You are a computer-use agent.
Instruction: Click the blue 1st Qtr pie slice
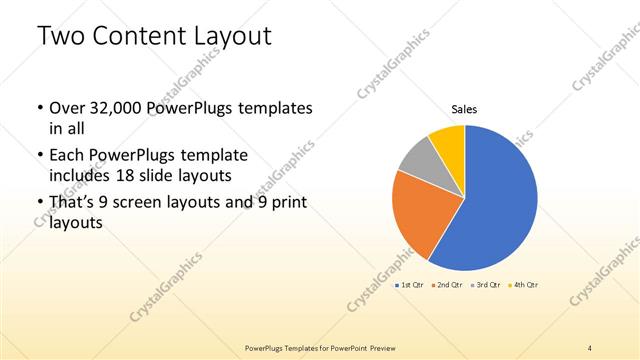(x=495, y=210)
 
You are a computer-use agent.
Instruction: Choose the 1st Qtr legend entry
(x=409, y=285)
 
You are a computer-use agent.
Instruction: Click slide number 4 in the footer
(x=590, y=347)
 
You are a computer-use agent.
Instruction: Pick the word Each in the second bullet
(x=67, y=155)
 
